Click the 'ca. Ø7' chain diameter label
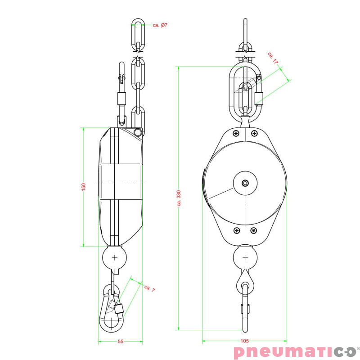click(160, 25)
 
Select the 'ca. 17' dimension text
click(273, 58)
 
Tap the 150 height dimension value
click(83, 187)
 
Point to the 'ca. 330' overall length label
click(179, 198)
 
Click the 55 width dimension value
click(121, 342)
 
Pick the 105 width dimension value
click(244, 342)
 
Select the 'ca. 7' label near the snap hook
click(149, 288)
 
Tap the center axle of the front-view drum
click(244, 183)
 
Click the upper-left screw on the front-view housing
click(236, 133)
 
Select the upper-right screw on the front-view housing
click(254, 133)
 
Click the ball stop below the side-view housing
click(115, 258)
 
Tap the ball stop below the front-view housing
click(245, 258)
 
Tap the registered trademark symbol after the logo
click(358, 348)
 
